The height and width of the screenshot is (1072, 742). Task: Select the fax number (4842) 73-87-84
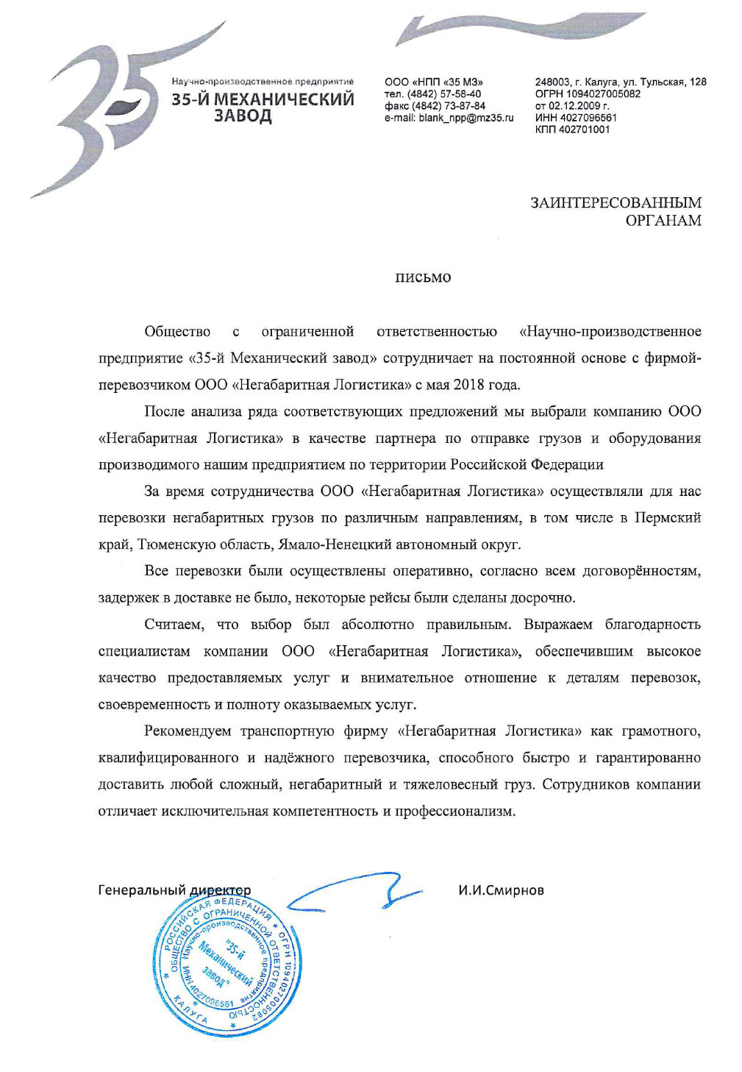coord(449,106)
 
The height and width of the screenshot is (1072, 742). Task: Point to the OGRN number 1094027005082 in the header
coord(602,94)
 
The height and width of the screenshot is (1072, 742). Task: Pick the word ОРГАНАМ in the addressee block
coord(663,221)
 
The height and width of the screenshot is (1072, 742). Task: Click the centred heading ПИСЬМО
coord(423,278)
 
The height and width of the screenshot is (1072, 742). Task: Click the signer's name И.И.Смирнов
coord(501,890)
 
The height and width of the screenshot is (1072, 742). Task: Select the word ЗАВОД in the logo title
coord(243,116)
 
